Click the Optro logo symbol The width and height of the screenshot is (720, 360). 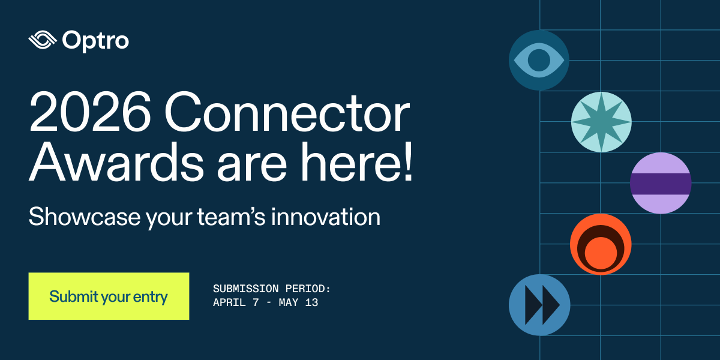pyautogui.click(x=42, y=41)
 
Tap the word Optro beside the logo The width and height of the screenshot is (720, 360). pyautogui.click(x=95, y=41)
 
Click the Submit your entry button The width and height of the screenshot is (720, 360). pyautogui.click(x=109, y=296)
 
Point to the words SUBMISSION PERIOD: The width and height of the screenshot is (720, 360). pyautogui.click(x=272, y=289)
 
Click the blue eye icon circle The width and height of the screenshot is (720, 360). pyautogui.click(x=539, y=60)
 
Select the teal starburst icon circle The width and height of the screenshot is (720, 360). pyautogui.click(x=601, y=122)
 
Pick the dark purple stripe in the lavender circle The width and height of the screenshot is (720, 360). pyautogui.click(x=661, y=184)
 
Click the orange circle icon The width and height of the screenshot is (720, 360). pyautogui.click(x=600, y=244)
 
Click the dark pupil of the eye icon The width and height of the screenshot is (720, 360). pyautogui.click(x=539, y=60)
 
